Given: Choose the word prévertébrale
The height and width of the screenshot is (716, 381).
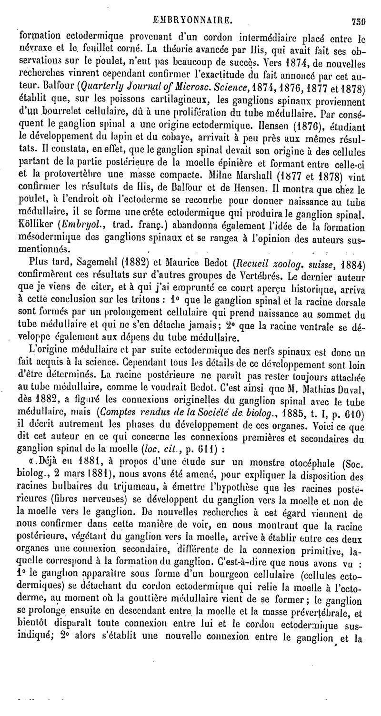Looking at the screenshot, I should point(330,611).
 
